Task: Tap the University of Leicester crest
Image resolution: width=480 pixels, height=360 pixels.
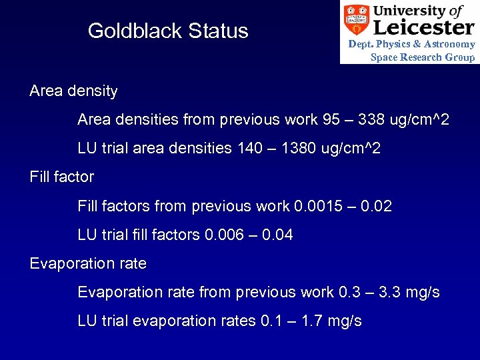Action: click(x=356, y=19)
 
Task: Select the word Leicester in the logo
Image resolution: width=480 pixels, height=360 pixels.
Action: click(x=424, y=27)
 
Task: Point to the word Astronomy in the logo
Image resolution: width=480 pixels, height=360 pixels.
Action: click(x=449, y=44)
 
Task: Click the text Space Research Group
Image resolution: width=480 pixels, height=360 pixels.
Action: click(x=423, y=57)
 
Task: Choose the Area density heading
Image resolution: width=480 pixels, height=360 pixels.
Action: click(x=73, y=91)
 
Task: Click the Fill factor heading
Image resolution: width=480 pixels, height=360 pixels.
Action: click(x=62, y=177)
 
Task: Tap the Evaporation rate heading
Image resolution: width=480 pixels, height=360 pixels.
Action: click(x=88, y=263)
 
